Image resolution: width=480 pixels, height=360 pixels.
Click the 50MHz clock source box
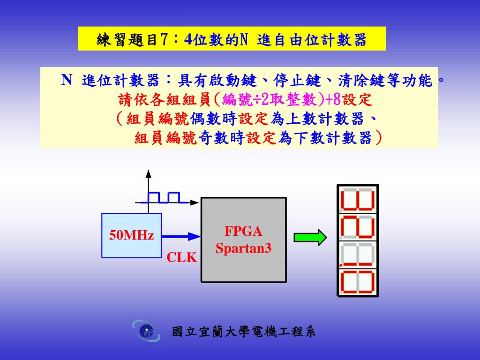tap(131, 235)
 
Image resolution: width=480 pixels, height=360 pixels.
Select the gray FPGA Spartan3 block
tap(243, 240)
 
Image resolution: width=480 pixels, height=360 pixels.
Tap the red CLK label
tap(182, 257)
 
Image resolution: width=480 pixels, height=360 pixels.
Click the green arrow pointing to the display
tap(310, 237)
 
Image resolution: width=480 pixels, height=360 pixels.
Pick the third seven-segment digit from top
tap(358, 255)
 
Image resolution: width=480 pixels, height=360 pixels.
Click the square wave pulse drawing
tap(164, 197)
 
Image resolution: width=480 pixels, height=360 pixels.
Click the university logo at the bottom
tap(146, 331)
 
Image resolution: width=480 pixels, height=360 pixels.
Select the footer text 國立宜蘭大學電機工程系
tap(244, 332)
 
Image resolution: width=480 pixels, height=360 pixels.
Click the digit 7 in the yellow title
tap(164, 39)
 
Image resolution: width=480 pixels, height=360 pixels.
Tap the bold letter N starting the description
tap(67, 80)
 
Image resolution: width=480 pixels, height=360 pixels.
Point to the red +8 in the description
tap(335, 99)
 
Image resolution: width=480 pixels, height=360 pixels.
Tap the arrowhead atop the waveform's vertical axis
tap(149, 173)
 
